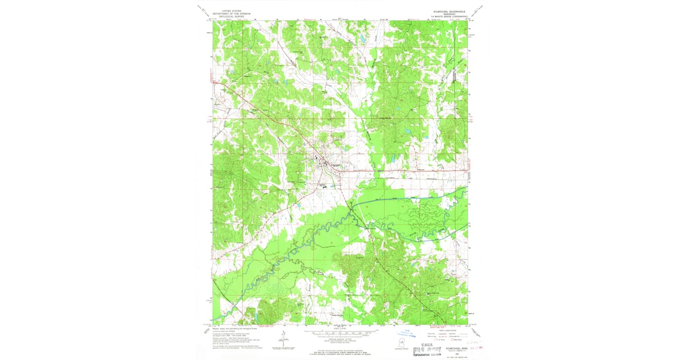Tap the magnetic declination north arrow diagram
tap(284, 338)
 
